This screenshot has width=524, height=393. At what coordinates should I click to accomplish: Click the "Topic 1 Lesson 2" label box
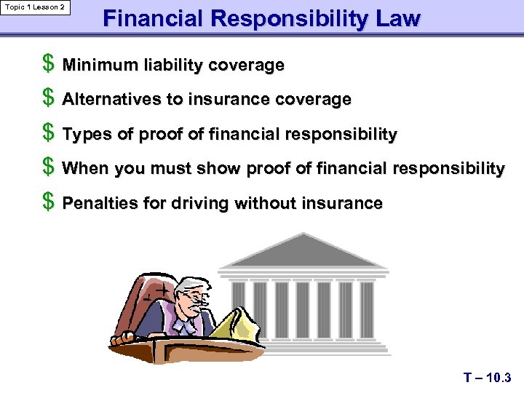pos(36,7)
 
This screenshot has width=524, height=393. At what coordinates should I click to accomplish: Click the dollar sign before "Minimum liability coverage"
pos(48,64)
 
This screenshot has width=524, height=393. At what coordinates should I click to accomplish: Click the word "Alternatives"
pos(112,100)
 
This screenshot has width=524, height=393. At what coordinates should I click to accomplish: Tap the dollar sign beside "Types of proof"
pos(48,133)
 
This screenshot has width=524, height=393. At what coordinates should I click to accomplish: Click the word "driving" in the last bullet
pos(199,204)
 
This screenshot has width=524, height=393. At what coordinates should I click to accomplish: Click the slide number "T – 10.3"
pos(487,378)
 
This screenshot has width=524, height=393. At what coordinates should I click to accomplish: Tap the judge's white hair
pos(191,285)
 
